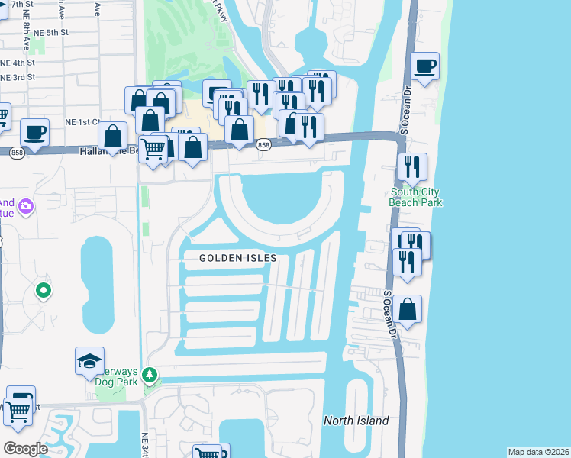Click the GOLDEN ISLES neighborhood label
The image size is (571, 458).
pos(237,259)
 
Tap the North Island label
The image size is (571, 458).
pos(356,421)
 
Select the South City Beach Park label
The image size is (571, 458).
pos(416,197)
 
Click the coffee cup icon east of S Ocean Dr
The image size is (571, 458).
pos(424,66)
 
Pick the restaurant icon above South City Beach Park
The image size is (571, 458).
pos(412,166)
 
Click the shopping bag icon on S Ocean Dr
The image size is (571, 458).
pos(408,310)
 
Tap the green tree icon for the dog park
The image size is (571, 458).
pos(151,374)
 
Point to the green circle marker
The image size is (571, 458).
pos(44,290)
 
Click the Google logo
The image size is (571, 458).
pos(25,448)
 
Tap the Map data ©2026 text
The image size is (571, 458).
pos(537,452)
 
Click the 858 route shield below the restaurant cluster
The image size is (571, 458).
pos(263,145)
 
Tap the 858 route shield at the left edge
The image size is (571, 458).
pos(18,153)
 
